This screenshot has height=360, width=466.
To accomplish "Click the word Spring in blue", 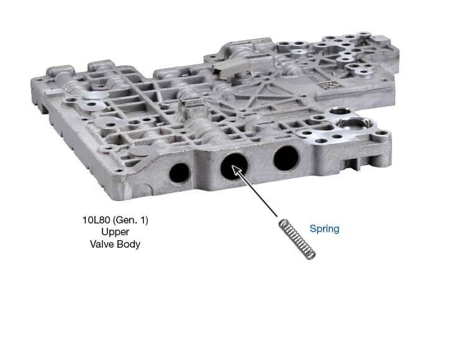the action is tap(324, 228).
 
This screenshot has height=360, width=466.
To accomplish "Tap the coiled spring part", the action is tap(297, 239).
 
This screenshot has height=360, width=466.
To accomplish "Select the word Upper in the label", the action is tap(115, 232).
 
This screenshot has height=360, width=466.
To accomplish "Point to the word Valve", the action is tap(103, 244).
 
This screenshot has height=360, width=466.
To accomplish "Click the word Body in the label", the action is tap(129, 245).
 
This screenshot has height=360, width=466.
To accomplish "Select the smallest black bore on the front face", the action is tap(179, 173).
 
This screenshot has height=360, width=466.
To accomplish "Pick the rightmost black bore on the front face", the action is tap(286, 158).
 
